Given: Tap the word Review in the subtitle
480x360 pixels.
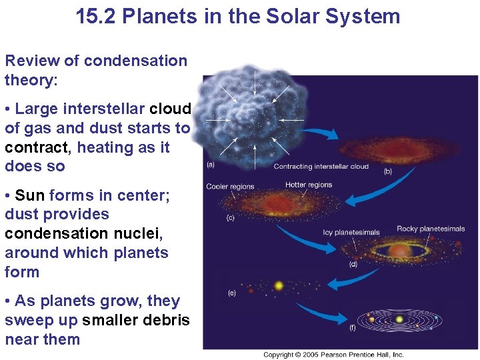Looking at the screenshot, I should click(x=32, y=61).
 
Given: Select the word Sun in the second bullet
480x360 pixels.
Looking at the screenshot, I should click(x=29, y=195).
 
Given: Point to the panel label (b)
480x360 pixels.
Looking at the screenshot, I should click(x=388, y=171).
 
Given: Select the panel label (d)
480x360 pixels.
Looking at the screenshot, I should click(x=353, y=265).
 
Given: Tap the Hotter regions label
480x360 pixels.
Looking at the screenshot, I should click(x=309, y=185).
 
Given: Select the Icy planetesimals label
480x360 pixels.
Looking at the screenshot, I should click(x=351, y=233).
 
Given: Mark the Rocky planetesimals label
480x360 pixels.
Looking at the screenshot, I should click(x=431, y=229).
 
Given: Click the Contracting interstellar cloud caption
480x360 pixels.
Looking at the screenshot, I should click(x=321, y=167).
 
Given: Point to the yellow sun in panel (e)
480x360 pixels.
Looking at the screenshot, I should click(x=279, y=285).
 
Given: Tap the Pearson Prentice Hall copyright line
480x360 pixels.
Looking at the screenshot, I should click(x=333, y=355).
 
